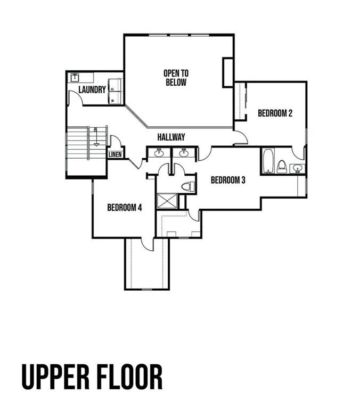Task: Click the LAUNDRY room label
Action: click(92, 90)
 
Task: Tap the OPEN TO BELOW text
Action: click(176, 78)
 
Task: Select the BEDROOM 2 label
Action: click(275, 113)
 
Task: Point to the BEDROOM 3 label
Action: click(228, 180)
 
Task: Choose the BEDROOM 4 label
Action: click(124, 208)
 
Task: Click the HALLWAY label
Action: click(171, 137)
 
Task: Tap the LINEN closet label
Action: click(116, 155)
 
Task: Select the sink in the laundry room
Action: click(75, 78)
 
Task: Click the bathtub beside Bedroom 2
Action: click(268, 161)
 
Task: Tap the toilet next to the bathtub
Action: click(282, 166)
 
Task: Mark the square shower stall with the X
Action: click(166, 202)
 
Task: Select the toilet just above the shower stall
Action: click(187, 186)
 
